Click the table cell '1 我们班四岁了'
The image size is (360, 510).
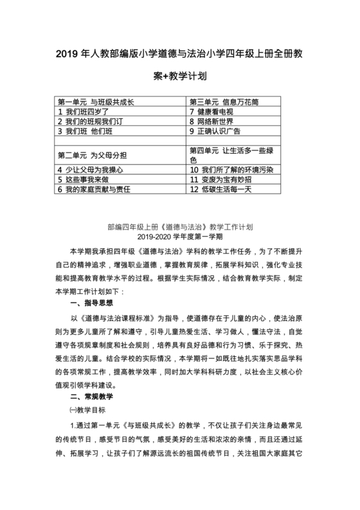[x=84, y=111]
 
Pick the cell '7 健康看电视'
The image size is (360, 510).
[x=216, y=111]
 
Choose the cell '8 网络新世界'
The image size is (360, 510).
[x=216, y=121]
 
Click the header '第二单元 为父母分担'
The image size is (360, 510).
[x=89, y=154]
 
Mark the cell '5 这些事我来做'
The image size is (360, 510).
[x=84, y=180]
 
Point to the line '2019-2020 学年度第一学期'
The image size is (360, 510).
[x=179, y=237]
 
